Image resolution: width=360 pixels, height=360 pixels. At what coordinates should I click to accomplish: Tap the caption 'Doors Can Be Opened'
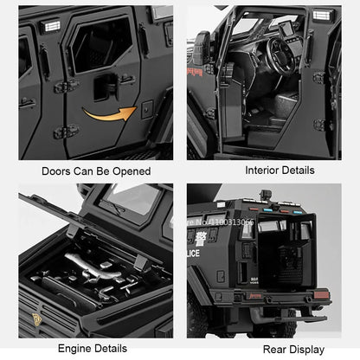[x=91, y=170]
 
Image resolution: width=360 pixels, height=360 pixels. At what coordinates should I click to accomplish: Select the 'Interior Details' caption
[x=270, y=170]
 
